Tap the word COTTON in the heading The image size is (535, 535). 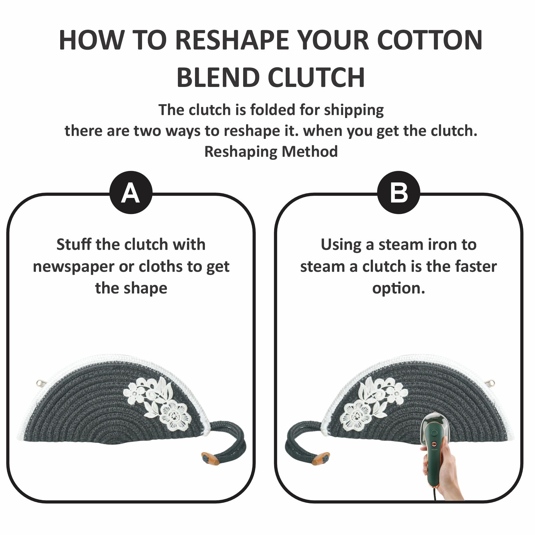pyautogui.click(x=430, y=40)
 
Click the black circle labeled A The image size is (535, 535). pyautogui.click(x=131, y=192)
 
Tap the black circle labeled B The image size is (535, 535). pyautogui.click(x=399, y=192)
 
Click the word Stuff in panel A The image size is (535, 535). pyautogui.click(x=74, y=244)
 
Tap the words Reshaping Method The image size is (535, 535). pyautogui.click(x=271, y=152)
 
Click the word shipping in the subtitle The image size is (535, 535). pyautogui.click(x=354, y=110)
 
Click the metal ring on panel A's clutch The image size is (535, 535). pyautogui.click(x=40, y=383)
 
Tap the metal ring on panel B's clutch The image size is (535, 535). pyautogui.click(x=491, y=383)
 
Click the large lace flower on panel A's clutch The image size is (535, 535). pyautogui.click(x=175, y=417)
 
